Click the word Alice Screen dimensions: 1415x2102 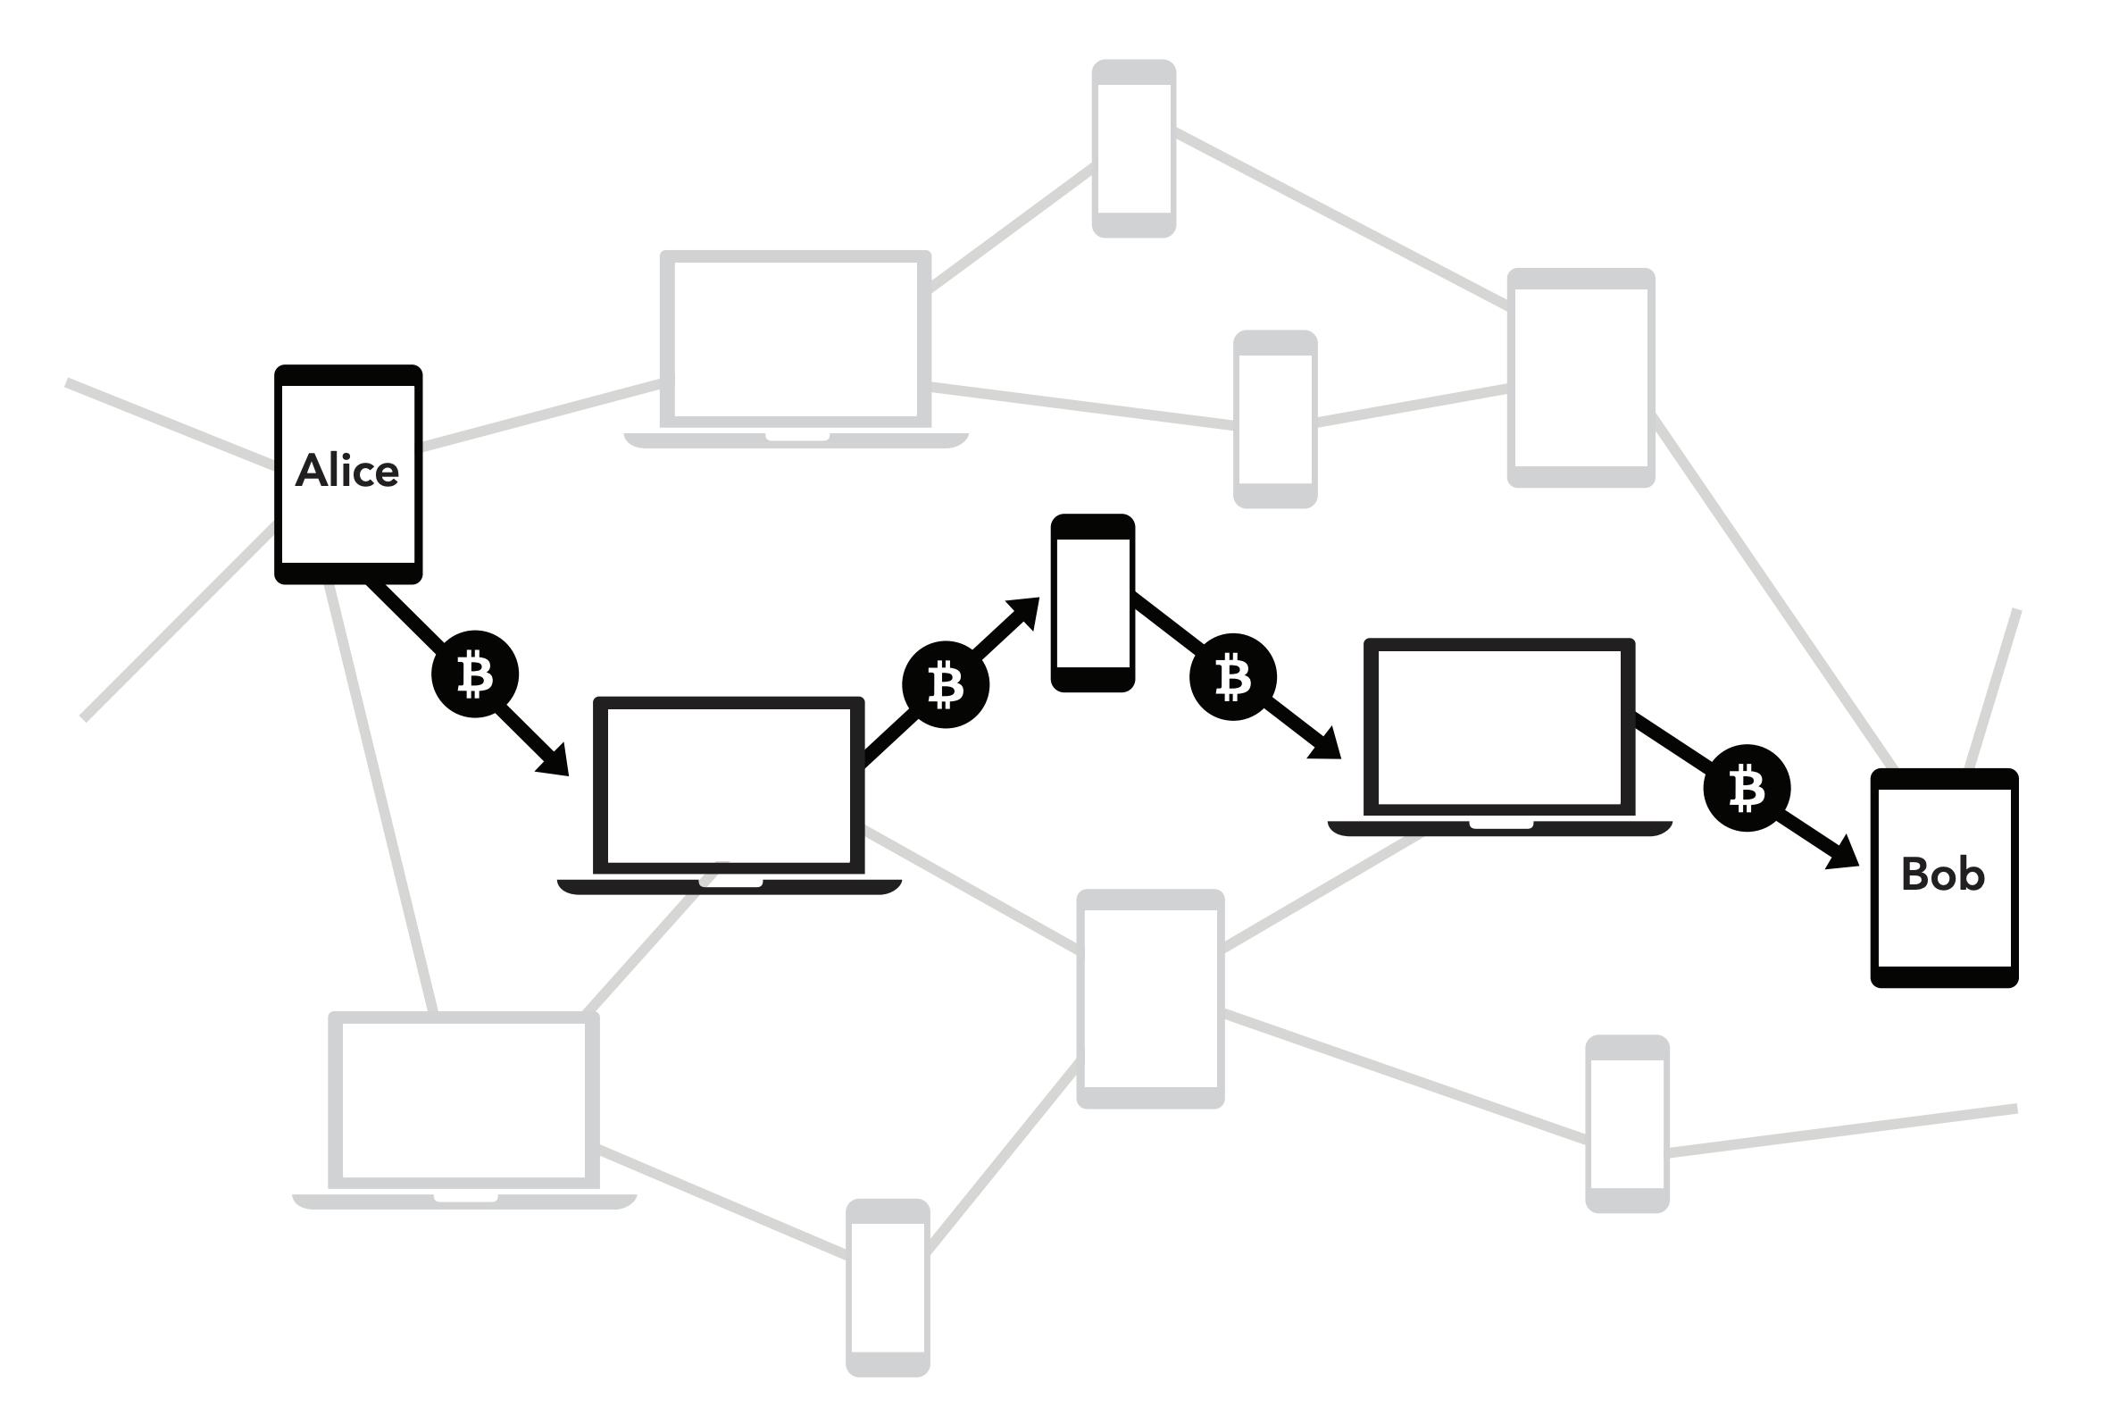click(x=347, y=471)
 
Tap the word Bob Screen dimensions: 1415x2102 click(x=1942, y=874)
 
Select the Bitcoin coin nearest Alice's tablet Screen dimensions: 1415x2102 click(x=474, y=674)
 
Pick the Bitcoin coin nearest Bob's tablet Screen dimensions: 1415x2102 click(x=1747, y=788)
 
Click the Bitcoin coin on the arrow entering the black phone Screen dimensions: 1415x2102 click(x=946, y=685)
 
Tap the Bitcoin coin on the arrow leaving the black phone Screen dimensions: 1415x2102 click(x=1232, y=677)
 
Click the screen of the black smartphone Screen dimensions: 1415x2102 click(x=1092, y=603)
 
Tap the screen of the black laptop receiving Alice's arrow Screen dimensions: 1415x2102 click(x=728, y=785)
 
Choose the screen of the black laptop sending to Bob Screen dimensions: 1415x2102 click(x=1499, y=727)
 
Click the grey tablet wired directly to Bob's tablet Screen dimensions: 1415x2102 click(x=1581, y=377)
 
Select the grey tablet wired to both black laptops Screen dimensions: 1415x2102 click(x=1150, y=998)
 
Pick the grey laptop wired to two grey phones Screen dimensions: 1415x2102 click(x=795, y=339)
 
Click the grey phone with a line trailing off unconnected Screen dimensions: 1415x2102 click(x=1627, y=1124)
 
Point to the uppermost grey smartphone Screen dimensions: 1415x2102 click(x=1133, y=149)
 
